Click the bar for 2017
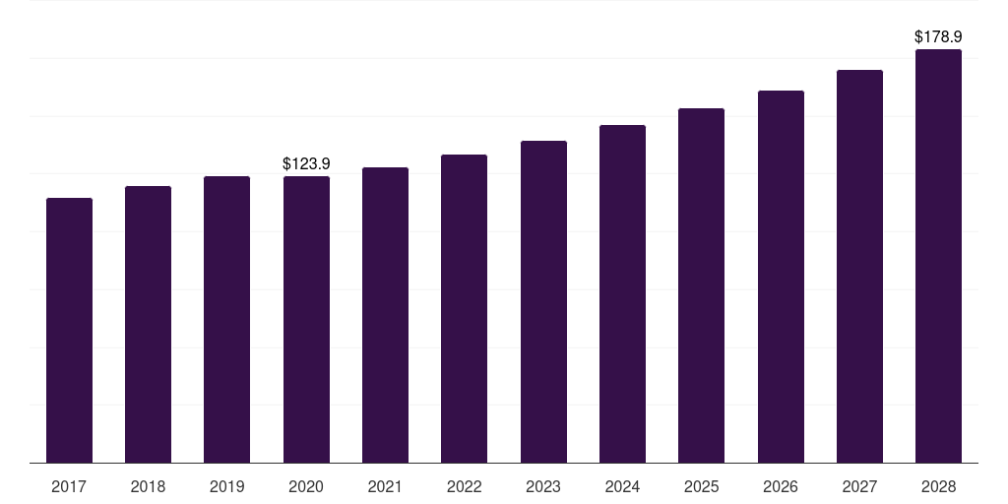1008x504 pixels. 69,330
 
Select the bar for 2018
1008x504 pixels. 148,324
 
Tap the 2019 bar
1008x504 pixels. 227,319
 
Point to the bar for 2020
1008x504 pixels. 306,319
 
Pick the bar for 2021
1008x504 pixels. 385,315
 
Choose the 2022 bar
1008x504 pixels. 464,308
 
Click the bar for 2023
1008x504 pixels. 543,301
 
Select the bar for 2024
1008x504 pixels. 622,293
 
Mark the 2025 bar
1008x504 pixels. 701,285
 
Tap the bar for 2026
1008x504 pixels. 781,277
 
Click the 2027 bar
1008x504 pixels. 859,266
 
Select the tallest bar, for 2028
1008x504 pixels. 938,256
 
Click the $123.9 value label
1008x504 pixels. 306,163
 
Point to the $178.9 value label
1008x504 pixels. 938,36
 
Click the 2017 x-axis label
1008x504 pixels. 69,486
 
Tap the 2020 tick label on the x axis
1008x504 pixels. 306,486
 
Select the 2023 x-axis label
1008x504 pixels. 543,486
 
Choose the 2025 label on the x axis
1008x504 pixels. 701,486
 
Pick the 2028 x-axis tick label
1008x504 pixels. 938,486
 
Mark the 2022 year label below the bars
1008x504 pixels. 464,486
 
